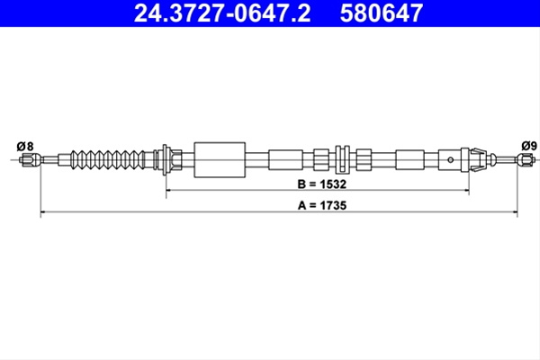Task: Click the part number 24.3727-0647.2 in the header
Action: coord(222,13)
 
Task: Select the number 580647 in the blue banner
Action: coord(382,13)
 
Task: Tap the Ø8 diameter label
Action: coord(25,147)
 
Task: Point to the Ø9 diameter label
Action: coord(529,146)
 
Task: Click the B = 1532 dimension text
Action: coord(322,184)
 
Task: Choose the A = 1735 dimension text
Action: coord(322,206)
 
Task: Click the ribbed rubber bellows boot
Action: coord(108,160)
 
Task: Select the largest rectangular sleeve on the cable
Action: coord(220,160)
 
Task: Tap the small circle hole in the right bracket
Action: coord(450,160)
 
